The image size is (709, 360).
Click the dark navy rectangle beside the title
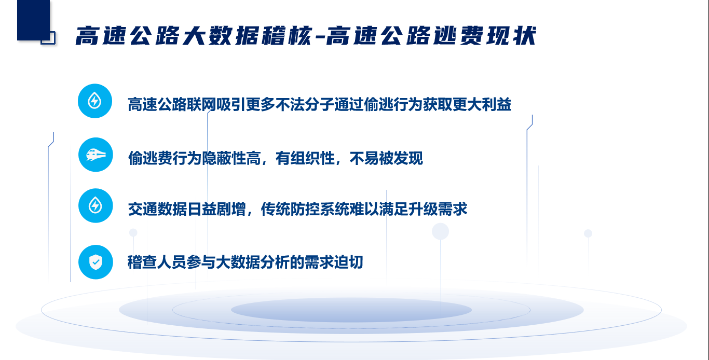[x=34, y=20]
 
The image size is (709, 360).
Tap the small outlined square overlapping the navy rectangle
[x=48, y=38]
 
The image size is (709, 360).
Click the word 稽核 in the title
[x=288, y=36]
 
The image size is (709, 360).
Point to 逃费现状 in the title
[x=485, y=36]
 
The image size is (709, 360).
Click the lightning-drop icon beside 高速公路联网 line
[x=95, y=101]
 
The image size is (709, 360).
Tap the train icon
[x=96, y=155]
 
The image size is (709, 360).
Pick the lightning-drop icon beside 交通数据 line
[x=96, y=205]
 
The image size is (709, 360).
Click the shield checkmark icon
[x=96, y=262]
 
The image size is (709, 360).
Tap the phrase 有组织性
[x=305, y=158]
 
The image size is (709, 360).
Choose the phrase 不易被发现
[x=386, y=158]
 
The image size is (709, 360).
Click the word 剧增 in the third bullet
[x=231, y=209]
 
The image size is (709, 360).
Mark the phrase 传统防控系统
[x=305, y=209]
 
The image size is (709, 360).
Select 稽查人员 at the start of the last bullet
[x=157, y=262]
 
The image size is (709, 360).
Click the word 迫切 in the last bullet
[x=348, y=262]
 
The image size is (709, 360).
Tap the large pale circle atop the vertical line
[x=440, y=231]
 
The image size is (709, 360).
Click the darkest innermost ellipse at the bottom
[x=351, y=310]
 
